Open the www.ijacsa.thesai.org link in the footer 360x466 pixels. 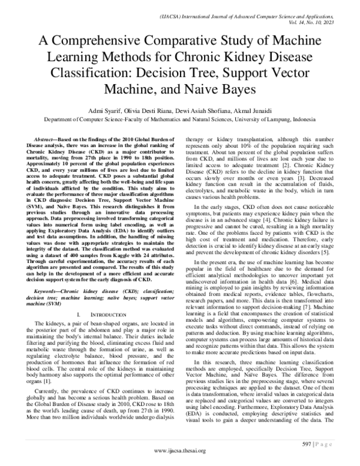(179, 450)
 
